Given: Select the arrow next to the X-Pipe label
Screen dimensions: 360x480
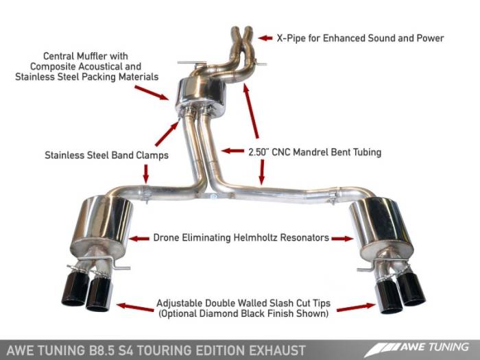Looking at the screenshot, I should coord(263,38).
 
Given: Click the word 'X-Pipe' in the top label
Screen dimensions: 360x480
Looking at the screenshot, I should coord(291,38).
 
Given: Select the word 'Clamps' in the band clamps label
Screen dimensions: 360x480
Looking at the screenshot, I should coord(152,155).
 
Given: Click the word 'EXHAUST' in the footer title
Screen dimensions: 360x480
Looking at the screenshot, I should coord(278,350).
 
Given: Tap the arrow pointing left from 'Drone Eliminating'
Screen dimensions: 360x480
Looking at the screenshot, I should coord(139,239).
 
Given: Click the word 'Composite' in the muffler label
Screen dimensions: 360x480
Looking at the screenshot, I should coord(61,67).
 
